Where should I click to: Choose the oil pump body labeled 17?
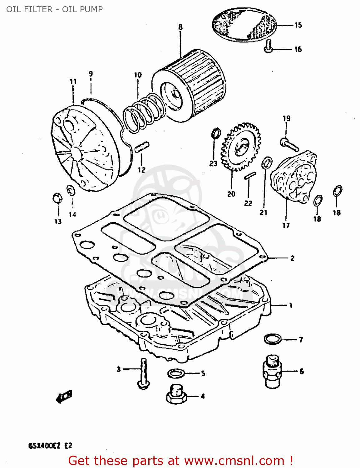(293, 176)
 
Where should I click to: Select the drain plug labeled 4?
(176, 395)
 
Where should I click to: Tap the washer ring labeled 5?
(176, 373)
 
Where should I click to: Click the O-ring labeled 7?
(273, 339)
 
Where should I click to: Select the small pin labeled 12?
(142, 147)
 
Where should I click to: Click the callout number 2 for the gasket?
(292, 258)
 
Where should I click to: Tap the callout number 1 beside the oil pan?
(291, 305)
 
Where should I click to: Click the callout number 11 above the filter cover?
(73, 81)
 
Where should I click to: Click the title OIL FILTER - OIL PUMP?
(55, 9)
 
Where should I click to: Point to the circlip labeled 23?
(215, 133)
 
